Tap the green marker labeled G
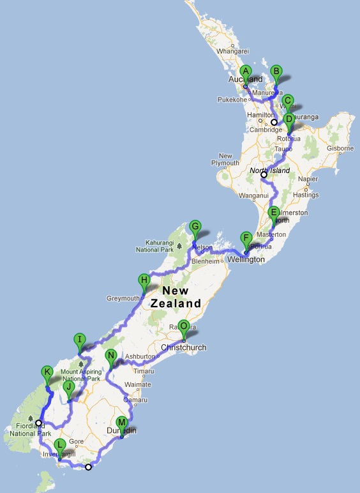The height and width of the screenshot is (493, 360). pyautogui.click(x=195, y=227)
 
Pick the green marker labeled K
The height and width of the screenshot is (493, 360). pyautogui.click(x=47, y=372)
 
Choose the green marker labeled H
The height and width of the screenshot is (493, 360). pyautogui.click(x=145, y=280)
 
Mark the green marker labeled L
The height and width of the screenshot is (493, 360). pyautogui.click(x=60, y=446)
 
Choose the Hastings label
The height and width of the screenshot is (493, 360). pyautogui.click(x=306, y=194)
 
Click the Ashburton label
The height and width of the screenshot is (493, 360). pyautogui.click(x=139, y=356)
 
